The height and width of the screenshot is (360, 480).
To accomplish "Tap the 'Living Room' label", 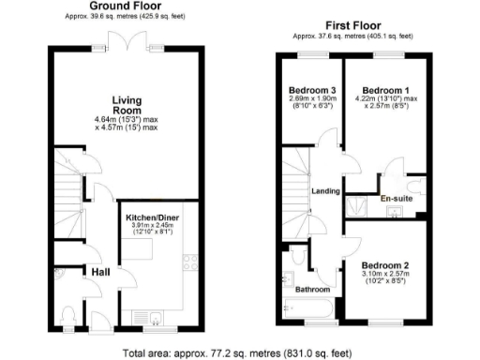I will pyautogui.click(x=126, y=105).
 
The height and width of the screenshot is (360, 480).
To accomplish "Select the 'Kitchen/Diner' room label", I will pyautogui.click(x=152, y=217).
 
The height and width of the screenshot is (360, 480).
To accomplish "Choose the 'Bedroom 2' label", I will pyautogui.click(x=385, y=264).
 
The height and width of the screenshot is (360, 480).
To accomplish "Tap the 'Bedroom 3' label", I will pyautogui.click(x=311, y=90).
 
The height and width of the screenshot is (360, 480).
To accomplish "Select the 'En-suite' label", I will pyautogui.click(x=395, y=199).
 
